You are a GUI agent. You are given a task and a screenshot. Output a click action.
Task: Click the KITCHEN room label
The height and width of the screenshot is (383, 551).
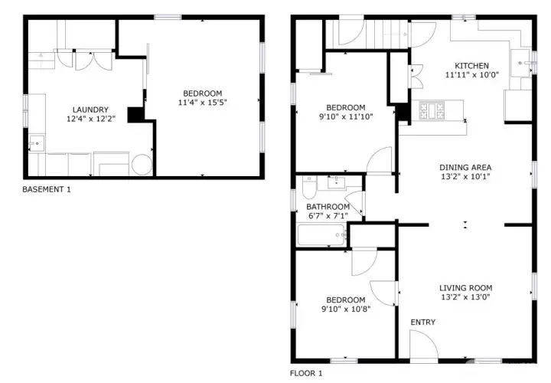pyautogui.click(x=471, y=66)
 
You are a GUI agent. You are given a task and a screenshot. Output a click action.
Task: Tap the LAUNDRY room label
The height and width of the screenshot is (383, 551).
pyautogui.click(x=90, y=110)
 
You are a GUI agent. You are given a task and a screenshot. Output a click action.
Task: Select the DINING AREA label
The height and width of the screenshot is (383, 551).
pyautogui.click(x=465, y=168)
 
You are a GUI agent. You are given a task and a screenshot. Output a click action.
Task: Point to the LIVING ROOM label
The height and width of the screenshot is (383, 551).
pyautogui.click(x=465, y=288)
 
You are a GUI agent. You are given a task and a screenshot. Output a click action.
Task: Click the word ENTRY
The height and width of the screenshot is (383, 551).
pyautogui.click(x=423, y=322)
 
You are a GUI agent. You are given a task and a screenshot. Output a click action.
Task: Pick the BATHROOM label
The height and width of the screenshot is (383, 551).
pyautogui.click(x=328, y=207)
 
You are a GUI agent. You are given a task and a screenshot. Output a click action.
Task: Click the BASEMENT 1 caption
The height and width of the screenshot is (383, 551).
pyautogui.click(x=47, y=189)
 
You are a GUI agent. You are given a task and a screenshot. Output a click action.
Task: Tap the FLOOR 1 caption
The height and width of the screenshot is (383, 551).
pyautogui.click(x=305, y=374)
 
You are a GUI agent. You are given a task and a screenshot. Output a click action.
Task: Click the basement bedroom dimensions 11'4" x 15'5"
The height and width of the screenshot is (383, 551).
pyautogui.click(x=202, y=103)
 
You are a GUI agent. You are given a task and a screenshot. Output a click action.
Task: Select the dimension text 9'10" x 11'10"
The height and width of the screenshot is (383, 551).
pyautogui.click(x=346, y=116)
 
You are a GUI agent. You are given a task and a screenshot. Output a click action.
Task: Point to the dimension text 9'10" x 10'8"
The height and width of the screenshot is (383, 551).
pyautogui.click(x=346, y=309)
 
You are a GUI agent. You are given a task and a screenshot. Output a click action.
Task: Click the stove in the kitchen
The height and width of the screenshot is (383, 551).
pyautogui.click(x=432, y=110)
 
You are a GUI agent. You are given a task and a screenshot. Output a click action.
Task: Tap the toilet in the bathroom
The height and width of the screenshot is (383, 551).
pyautogui.click(x=309, y=188)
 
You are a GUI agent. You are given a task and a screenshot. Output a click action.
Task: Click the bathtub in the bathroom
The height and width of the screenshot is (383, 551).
pyautogui.click(x=322, y=234)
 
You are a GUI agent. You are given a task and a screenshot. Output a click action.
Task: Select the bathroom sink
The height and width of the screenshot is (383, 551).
pyautogui.click(x=336, y=182)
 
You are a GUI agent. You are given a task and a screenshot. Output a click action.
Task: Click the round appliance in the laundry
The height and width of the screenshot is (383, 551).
pyautogui.click(x=142, y=165)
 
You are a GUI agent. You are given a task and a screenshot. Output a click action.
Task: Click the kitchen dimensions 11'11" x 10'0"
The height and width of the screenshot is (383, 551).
pyautogui.click(x=472, y=75)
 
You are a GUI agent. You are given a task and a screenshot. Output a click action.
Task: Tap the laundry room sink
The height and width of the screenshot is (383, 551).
pyautogui.click(x=37, y=143)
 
